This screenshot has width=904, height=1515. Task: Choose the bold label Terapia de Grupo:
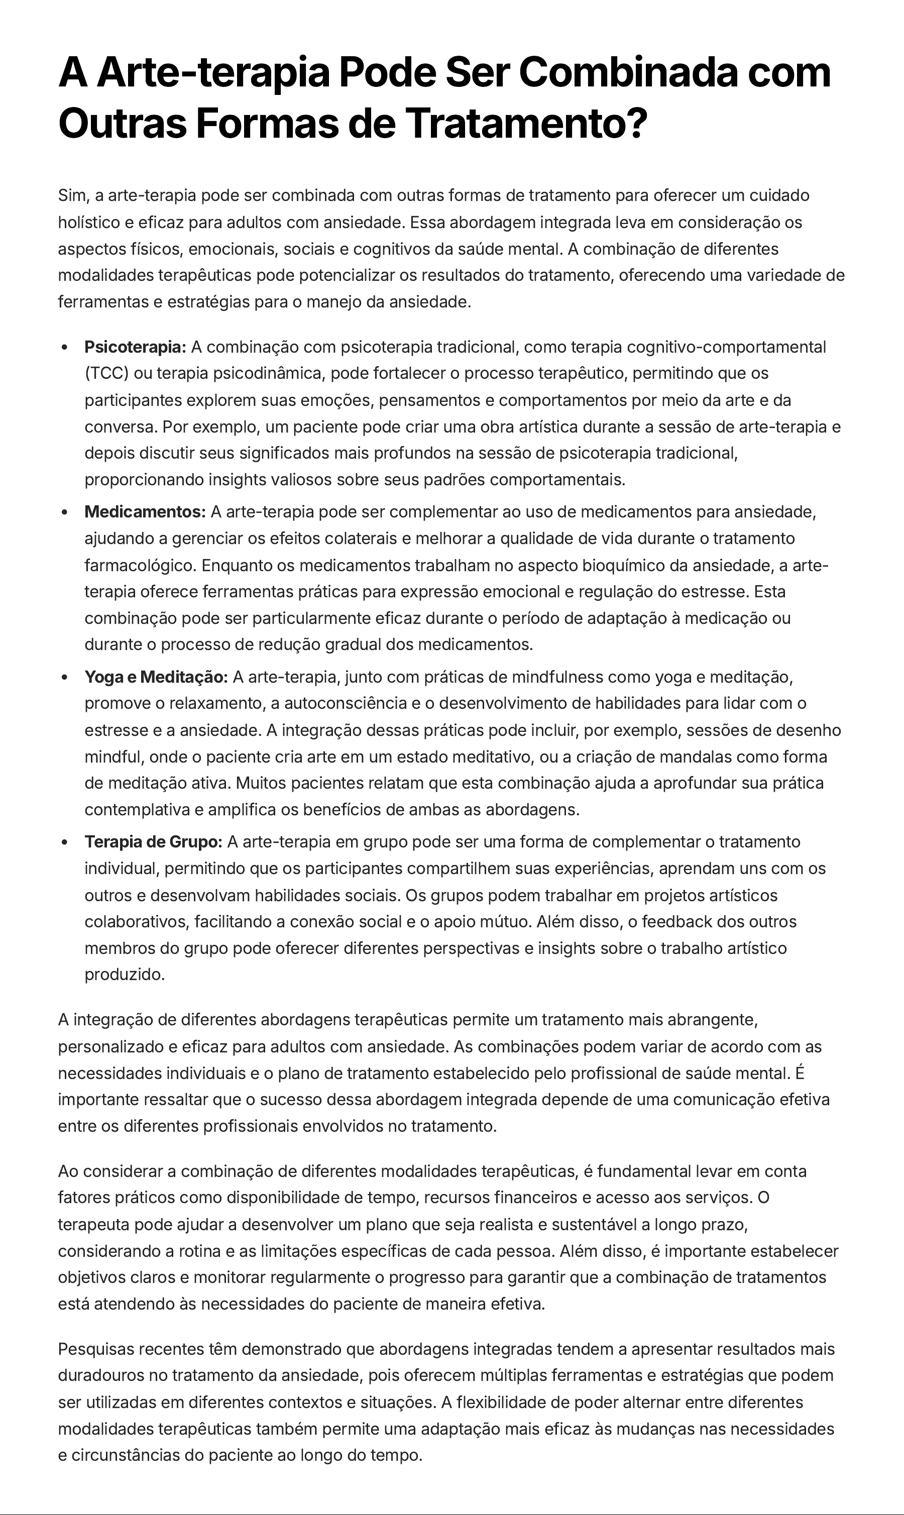click(153, 842)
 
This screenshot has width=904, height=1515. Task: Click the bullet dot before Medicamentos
click(65, 512)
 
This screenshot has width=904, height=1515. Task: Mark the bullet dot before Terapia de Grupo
click(65, 842)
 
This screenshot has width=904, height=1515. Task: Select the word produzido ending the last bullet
click(124, 975)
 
